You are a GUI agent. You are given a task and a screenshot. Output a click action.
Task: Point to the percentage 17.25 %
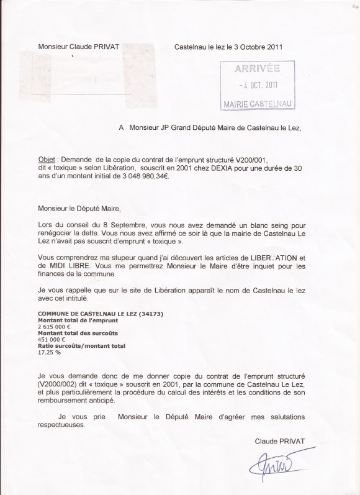pyautogui.click(x=49, y=352)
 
